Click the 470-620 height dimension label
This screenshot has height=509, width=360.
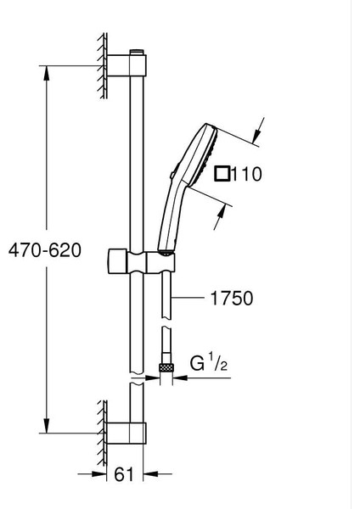point(45,250)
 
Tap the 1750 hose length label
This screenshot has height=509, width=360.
point(232,298)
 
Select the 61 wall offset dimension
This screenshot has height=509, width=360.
point(124,474)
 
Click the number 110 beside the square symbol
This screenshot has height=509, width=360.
point(246,174)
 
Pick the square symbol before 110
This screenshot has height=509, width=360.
point(222,173)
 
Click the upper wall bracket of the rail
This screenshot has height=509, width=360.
point(126,66)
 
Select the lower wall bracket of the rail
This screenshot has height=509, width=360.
point(126,433)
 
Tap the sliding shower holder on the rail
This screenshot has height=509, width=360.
point(141,261)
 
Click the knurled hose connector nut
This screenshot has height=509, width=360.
point(166,368)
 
